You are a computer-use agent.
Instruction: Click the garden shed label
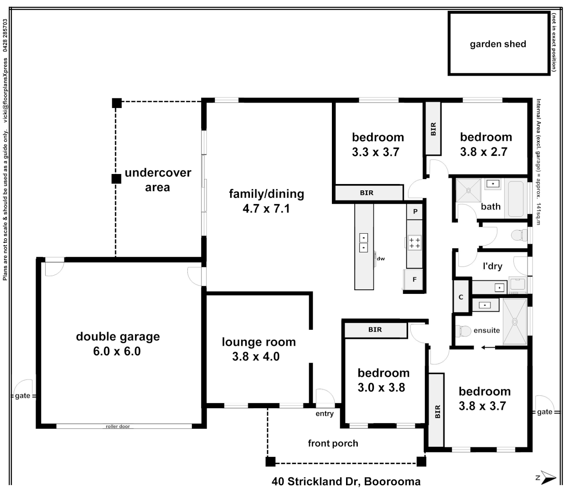click(x=498, y=44)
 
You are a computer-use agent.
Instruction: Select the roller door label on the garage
click(x=118, y=426)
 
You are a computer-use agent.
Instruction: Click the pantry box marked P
click(x=415, y=211)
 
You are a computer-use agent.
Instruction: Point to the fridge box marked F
click(x=414, y=279)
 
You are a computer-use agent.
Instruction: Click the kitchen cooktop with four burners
click(x=414, y=242)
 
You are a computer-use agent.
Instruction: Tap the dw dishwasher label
click(x=381, y=259)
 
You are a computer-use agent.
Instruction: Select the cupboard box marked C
click(x=461, y=297)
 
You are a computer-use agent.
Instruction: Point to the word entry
click(x=325, y=414)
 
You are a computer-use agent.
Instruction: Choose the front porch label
click(x=333, y=443)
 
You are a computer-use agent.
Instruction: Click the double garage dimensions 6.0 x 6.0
click(x=117, y=351)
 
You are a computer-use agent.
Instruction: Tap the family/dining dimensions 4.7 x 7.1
click(x=266, y=209)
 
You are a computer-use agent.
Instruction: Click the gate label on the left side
click(x=22, y=395)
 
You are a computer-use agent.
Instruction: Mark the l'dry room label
click(x=492, y=266)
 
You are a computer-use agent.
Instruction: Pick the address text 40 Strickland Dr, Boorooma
click(x=346, y=482)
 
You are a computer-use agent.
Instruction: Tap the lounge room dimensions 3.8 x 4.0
click(x=256, y=357)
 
